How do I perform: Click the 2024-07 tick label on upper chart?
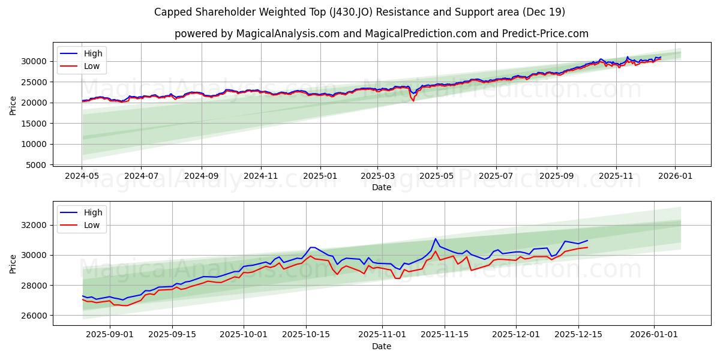pyautogui.click(x=141, y=176)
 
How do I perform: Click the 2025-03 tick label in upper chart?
pyautogui.click(x=377, y=176)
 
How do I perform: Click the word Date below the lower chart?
pyautogui.click(x=382, y=346)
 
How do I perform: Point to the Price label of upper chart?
pyautogui.click(x=13, y=106)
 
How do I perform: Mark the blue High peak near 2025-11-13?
pyautogui.click(x=436, y=239)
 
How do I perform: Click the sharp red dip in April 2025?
pyautogui.click(x=413, y=100)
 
